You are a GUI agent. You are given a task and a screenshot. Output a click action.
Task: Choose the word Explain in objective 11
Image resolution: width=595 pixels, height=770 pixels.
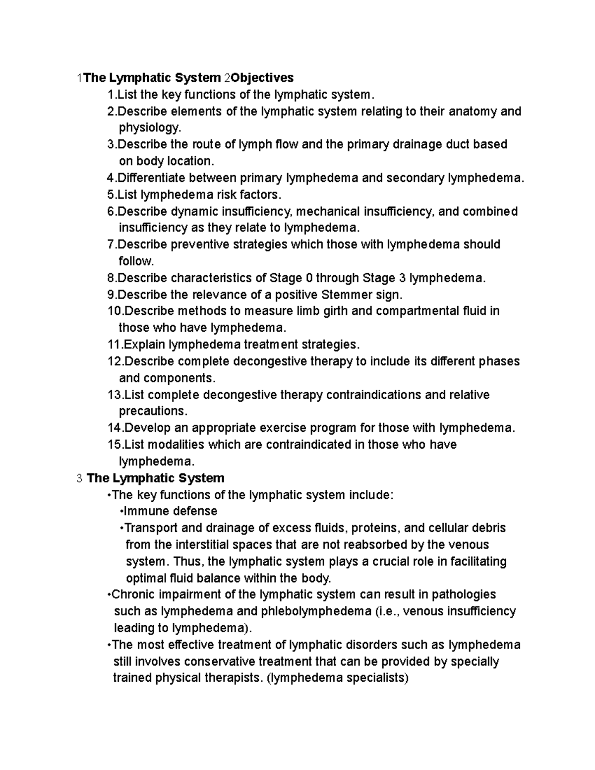pos(144,344)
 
